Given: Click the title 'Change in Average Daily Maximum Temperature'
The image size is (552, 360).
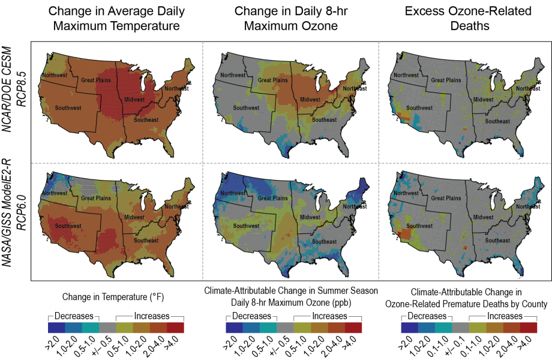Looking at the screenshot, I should click(x=116, y=19).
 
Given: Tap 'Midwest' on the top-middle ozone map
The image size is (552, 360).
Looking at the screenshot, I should click(x=311, y=99).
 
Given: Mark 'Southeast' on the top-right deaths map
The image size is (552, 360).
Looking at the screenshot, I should click(x=497, y=121).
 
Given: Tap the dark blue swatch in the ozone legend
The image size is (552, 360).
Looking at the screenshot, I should click(x=234, y=328).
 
